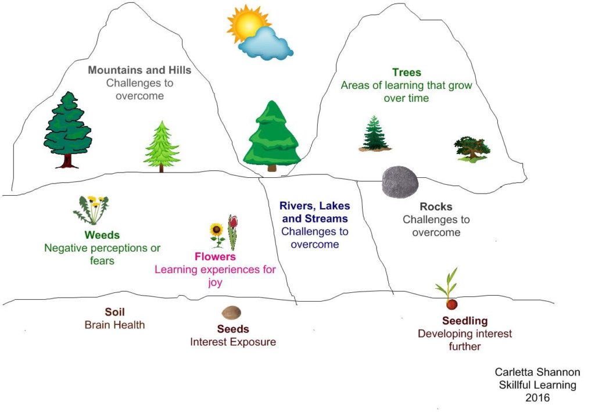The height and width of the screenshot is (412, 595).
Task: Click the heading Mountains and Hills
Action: point(139,70)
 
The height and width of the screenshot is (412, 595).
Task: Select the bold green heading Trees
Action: point(406,73)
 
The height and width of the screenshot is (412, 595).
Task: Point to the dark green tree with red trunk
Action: point(68,131)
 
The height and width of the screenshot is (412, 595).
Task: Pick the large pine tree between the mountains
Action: point(272,137)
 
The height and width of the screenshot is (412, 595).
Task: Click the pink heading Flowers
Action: point(215,256)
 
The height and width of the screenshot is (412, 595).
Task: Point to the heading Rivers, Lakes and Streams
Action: point(314,212)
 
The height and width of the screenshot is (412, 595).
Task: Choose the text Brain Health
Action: point(114,325)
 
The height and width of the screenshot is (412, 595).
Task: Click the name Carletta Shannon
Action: point(537,372)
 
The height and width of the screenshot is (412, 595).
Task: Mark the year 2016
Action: point(537,398)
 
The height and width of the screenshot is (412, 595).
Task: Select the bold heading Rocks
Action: point(436,207)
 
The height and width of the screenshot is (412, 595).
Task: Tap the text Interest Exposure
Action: point(232,342)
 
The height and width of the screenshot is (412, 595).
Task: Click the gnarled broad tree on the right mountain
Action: point(471,148)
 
